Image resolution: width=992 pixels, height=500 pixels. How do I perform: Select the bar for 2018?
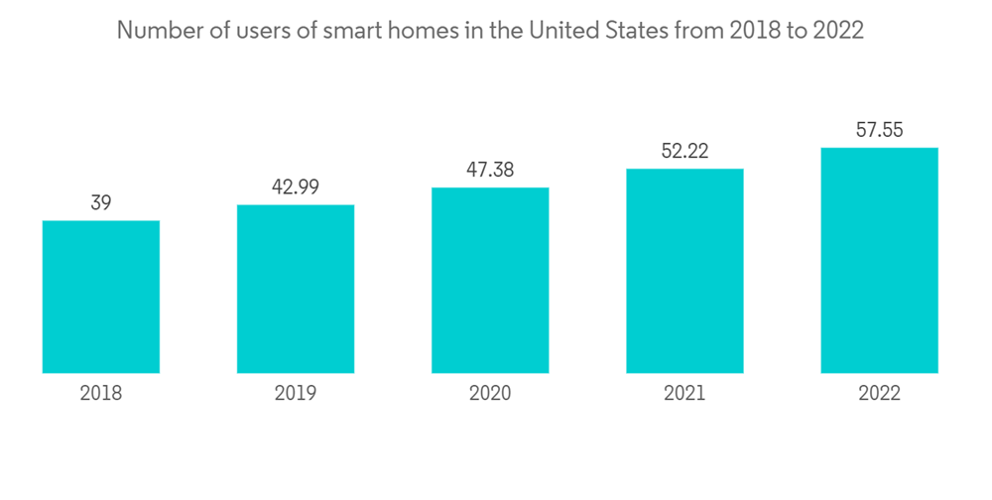coord(101,297)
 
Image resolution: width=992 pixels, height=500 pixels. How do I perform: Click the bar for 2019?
coord(296,289)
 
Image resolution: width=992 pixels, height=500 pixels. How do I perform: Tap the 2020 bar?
coord(490,280)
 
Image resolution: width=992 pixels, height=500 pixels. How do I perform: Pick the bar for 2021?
coord(684,271)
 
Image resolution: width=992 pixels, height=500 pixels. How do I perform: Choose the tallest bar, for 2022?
coord(880,260)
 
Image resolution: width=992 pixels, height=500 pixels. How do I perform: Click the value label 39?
coord(101,203)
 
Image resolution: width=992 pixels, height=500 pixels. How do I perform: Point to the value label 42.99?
coord(296,187)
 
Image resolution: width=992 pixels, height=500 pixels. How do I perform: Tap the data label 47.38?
coord(490,171)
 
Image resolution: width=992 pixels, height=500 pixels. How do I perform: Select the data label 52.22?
coord(684,152)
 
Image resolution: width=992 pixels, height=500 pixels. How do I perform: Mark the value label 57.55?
coord(880,130)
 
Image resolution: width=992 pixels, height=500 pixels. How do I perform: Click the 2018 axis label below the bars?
coord(101,394)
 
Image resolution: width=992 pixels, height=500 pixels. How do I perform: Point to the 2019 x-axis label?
coord(296,394)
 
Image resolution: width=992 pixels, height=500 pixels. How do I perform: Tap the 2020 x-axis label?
coord(490,394)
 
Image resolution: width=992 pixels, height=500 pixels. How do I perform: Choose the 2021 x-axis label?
coord(684,394)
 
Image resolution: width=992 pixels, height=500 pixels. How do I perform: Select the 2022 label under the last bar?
coord(880,394)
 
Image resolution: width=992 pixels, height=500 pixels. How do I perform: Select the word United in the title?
coord(562,31)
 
